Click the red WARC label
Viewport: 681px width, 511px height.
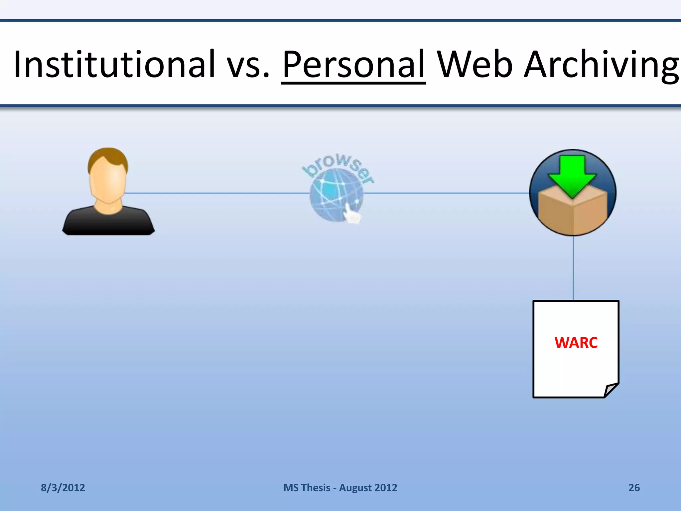coord(576,343)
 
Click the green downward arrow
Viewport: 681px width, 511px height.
coord(572,175)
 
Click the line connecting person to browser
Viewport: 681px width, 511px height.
coord(216,193)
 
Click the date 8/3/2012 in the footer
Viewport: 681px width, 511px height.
coord(63,488)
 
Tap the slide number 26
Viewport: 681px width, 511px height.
coord(634,488)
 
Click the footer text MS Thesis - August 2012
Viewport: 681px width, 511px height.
coord(340,488)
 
